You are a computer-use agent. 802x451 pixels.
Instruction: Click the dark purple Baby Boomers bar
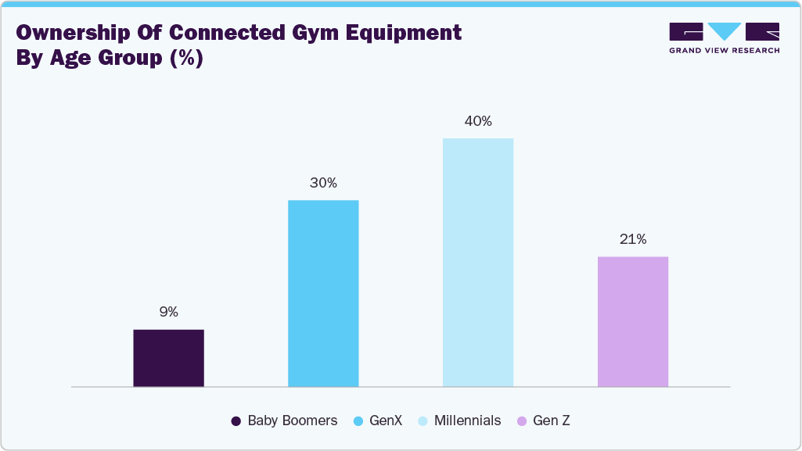click(168, 358)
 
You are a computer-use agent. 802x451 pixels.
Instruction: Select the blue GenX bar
click(323, 293)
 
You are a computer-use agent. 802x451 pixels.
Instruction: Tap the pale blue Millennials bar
click(478, 263)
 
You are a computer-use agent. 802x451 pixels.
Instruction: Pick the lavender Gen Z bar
click(632, 321)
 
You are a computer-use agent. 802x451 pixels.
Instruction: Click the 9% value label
click(168, 312)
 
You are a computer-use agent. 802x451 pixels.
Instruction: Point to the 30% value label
click(323, 183)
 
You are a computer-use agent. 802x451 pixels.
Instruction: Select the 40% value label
click(478, 121)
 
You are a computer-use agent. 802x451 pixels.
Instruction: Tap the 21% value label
click(632, 239)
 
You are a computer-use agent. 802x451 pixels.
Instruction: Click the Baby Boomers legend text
click(292, 421)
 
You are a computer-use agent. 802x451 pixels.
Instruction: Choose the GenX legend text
click(387, 421)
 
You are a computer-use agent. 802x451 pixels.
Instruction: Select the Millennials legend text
click(468, 421)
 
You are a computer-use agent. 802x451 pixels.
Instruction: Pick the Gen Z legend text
click(551, 421)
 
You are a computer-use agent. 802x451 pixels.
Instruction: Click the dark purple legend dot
click(236, 421)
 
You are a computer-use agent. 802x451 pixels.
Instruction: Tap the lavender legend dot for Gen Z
click(522, 421)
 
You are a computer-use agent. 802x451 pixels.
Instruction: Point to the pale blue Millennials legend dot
click(423, 421)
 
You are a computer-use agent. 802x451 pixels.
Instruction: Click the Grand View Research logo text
click(724, 51)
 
